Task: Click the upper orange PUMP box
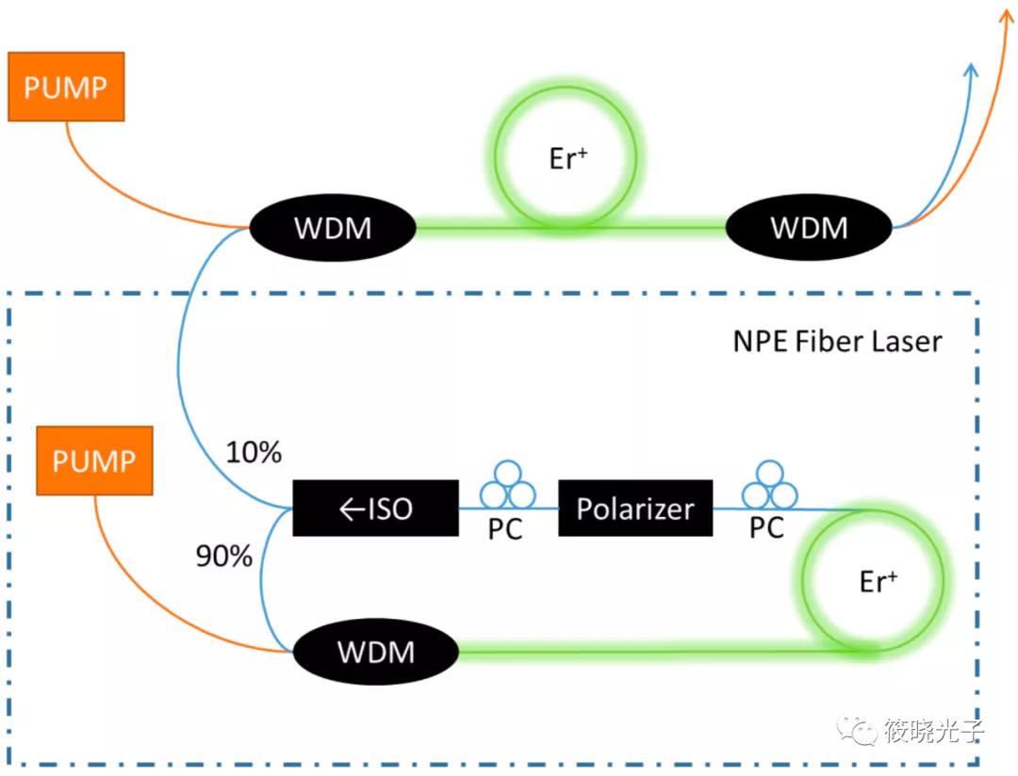(66, 87)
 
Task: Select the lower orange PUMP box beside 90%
(93, 460)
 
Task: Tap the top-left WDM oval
(332, 228)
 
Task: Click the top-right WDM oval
(809, 228)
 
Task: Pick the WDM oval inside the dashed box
(375, 652)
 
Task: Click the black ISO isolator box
(375, 509)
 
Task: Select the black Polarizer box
(635, 509)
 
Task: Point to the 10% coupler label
(254, 453)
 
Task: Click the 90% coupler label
(224, 557)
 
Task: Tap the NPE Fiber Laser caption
(837, 340)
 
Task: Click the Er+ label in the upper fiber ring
(568, 158)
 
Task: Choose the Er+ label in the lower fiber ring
(878, 581)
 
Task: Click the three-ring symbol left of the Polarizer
(507, 483)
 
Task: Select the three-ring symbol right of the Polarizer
(769, 483)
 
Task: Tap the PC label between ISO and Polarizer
(505, 529)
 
